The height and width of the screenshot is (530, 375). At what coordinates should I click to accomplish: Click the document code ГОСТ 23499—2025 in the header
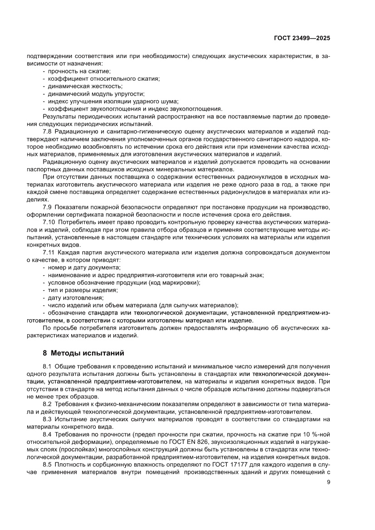(x=302, y=39)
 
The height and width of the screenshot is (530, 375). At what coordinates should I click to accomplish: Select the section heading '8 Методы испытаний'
(x=83, y=353)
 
